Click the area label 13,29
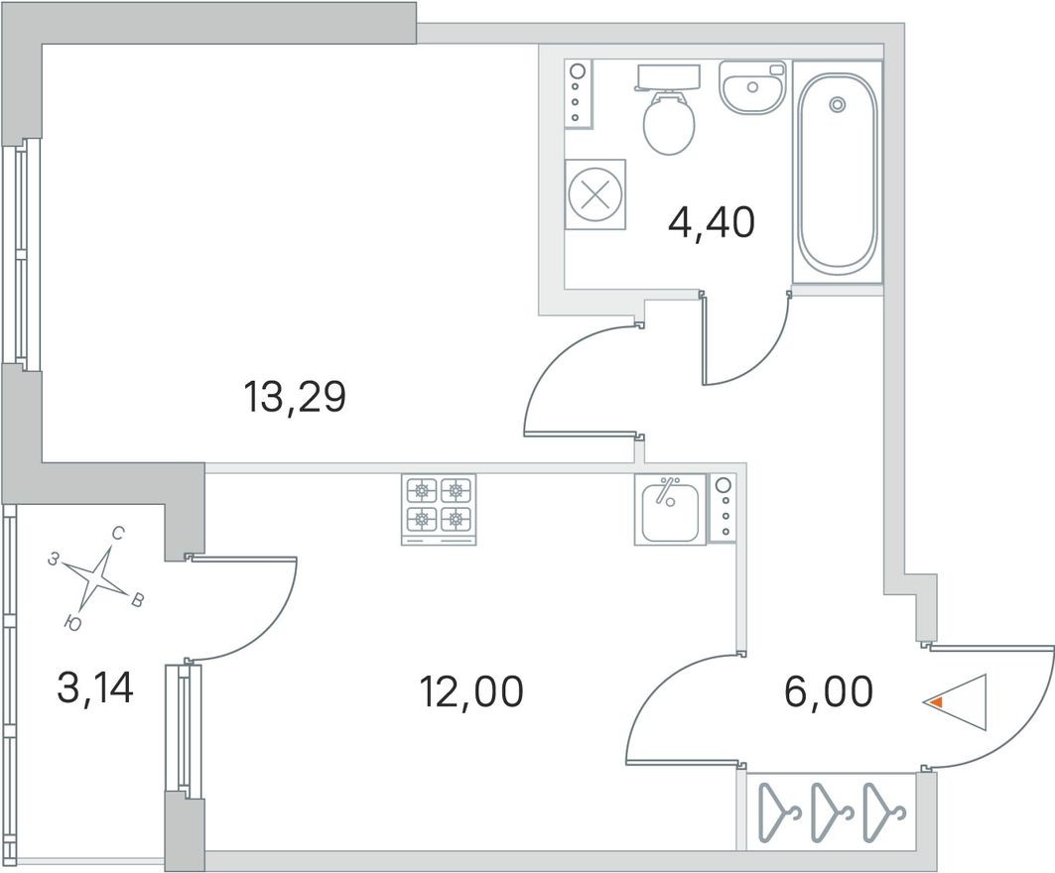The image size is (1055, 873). click(x=294, y=398)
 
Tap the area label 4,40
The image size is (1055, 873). click(x=712, y=222)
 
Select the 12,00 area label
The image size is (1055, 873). click(x=471, y=690)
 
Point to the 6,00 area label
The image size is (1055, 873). click(x=829, y=690)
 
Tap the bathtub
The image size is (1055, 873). click(x=837, y=174)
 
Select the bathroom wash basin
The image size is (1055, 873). click(x=751, y=89)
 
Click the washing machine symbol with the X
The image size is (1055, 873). click(x=595, y=193)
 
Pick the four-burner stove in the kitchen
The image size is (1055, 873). click(x=439, y=507)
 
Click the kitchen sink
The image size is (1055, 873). click(x=671, y=508)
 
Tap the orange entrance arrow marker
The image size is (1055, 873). click(x=933, y=701)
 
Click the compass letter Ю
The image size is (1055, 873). click(x=71, y=621)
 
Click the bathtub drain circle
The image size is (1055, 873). click(x=838, y=103)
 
